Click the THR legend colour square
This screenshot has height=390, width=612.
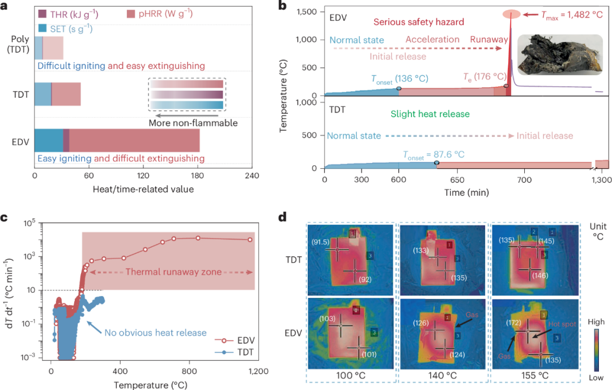pyautogui.click(x=42, y=14)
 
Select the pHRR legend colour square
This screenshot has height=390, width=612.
pyautogui.click(x=131, y=14)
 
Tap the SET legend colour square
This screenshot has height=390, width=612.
pyautogui.click(x=42, y=28)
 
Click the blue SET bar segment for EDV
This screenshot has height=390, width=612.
pyautogui.click(x=49, y=140)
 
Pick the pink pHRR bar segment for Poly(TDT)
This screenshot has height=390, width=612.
pyautogui.click(x=53, y=48)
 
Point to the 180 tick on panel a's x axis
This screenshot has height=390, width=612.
pyautogui.click(x=197, y=175)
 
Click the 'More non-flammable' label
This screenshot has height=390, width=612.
pyautogui.click(x=193, y=123)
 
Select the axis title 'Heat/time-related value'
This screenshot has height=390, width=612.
pyautogui.click(x=143, y=189)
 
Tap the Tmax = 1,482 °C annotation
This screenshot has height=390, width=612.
pyautogui.click(x=572, y=15)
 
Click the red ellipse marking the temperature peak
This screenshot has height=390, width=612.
pyautogui.click(x=511, y=14)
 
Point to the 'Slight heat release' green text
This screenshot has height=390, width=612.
pyautogui.click(x=430, y=114)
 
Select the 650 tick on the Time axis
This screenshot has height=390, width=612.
pyautogui.click(x=457, y=180)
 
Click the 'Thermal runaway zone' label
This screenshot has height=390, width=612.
pyautogui.click(x=174, y=272)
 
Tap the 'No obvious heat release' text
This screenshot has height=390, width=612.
pyautogui.click(x=155, y=333)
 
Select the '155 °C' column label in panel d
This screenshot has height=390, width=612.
pyautogui.click(x=535, y=376)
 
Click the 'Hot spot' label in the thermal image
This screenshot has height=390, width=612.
pyautogui.click(x=562, y=324)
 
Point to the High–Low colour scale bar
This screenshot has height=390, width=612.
pyautogui.click(x=596, y=350)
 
